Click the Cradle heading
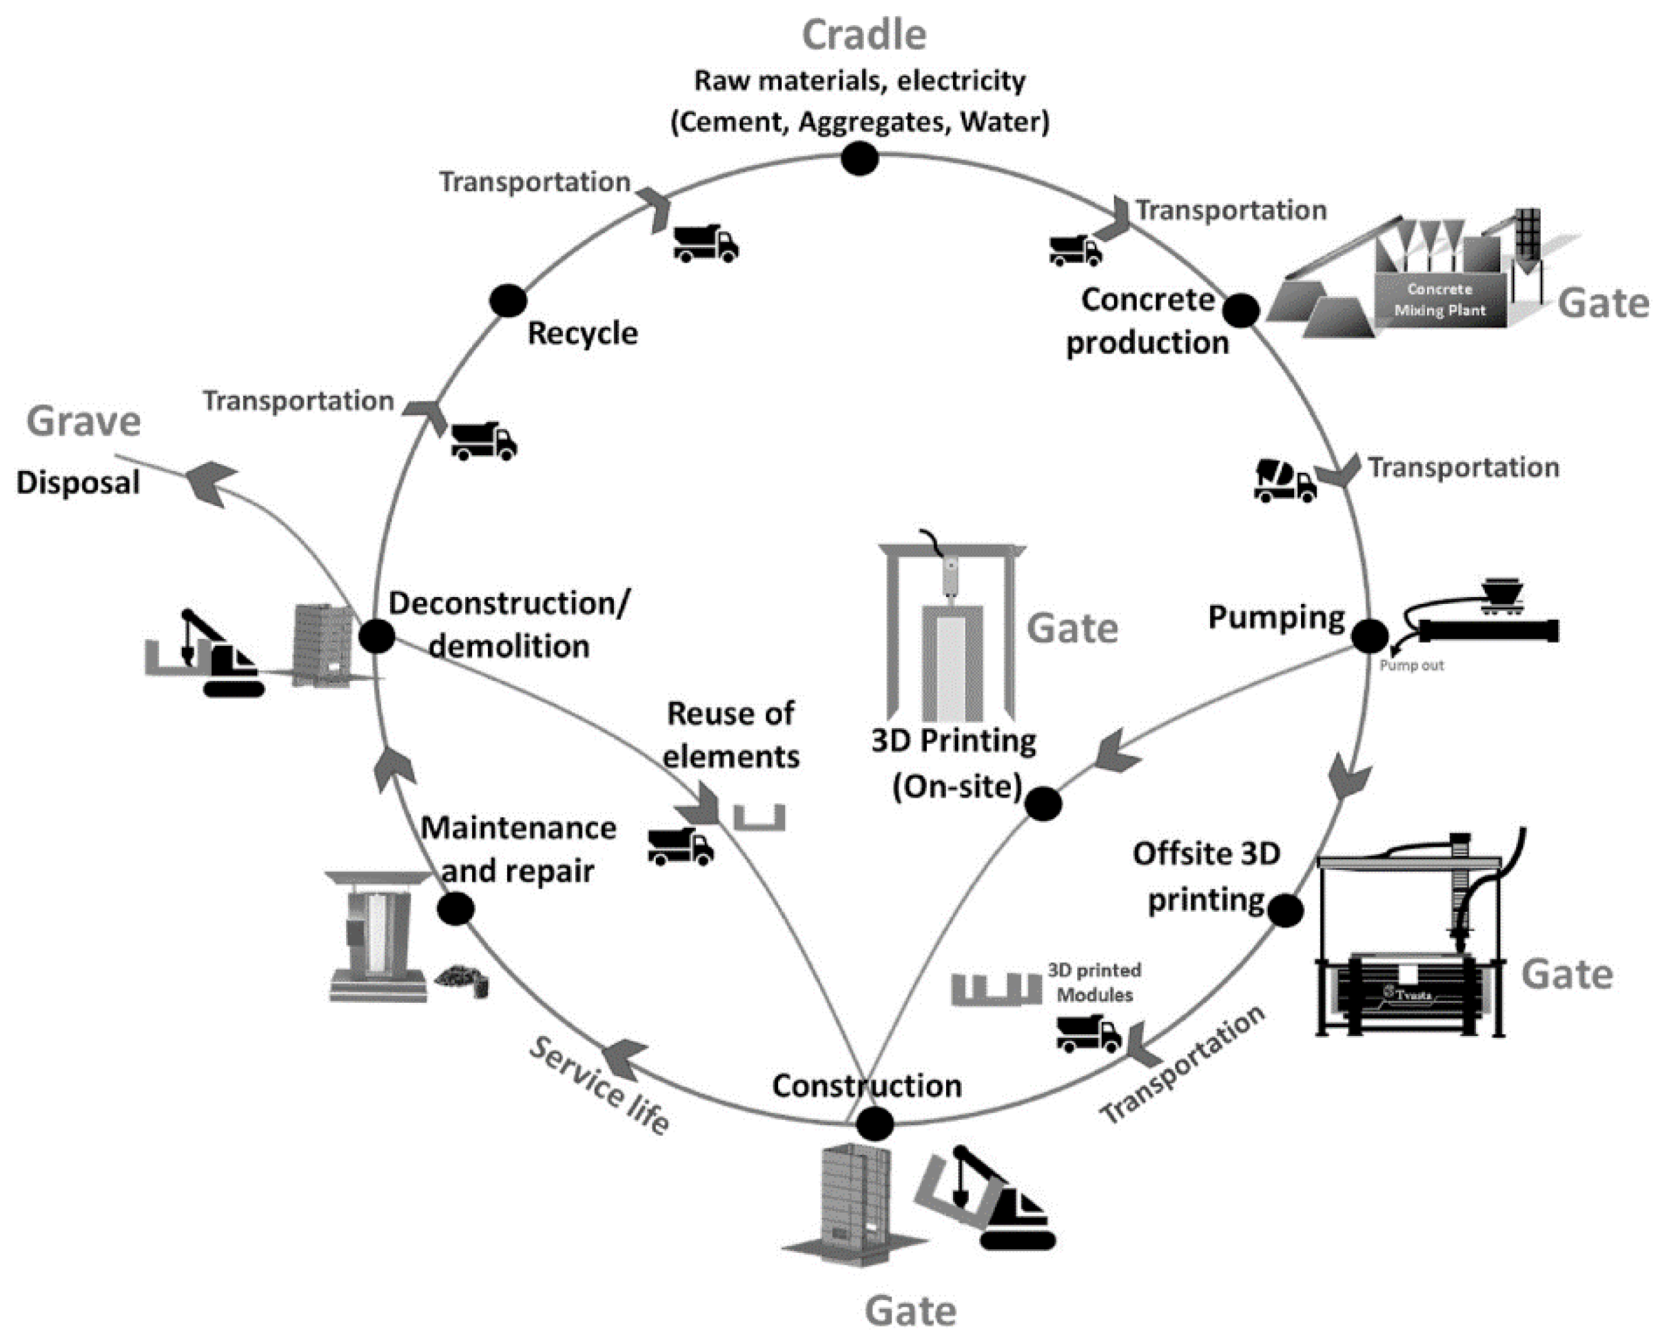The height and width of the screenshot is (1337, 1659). tap(864, 35)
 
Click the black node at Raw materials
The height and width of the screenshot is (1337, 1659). tap(859, 159)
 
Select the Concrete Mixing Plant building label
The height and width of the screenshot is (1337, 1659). tap(1440, 300)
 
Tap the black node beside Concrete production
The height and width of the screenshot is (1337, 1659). tap(1240, 310)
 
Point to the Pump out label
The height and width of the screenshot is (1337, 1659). tap(1411, 665)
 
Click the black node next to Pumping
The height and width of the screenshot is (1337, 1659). tap(1369, 636)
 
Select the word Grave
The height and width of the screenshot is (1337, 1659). tap(83, 421)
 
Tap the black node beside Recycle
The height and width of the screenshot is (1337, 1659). tap(508, 300)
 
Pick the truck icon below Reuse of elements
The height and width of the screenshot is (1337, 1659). tap(680, 847)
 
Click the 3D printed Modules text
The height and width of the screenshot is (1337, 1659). tap(1094, 983)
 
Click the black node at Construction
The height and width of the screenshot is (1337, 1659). tap(875, 1124)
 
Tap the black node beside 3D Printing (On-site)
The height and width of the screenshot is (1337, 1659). tap(1043, 804)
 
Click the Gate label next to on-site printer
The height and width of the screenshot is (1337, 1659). tap(1072, 628)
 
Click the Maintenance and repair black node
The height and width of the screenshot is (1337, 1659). tap(456, 909)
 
